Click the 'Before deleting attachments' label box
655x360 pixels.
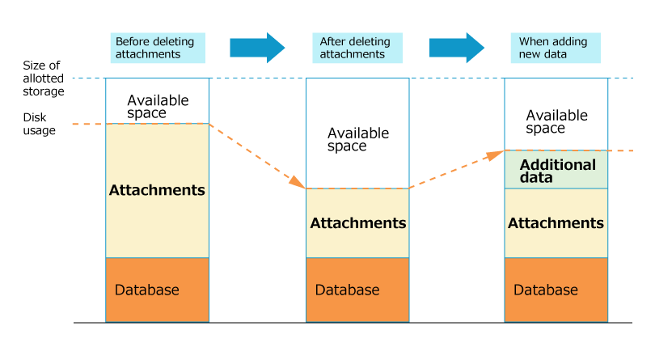click(158, 48)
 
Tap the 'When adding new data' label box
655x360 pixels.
click(560, 48)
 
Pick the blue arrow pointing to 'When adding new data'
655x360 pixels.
click(456, 48)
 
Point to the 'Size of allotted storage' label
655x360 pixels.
click(41, 78)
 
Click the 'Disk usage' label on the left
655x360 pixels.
click(39, 124)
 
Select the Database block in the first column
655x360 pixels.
click(157, 290)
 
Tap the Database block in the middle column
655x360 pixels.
click(357, 290)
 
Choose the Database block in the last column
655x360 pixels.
click(556, 290)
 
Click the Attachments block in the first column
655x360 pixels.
click(157, 191)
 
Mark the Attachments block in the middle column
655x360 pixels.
click(357, 223)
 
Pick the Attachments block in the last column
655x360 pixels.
click(556, 223)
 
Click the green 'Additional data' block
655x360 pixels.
click(556, 170)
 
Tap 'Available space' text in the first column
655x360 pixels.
click(158, 107)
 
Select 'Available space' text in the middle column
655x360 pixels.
click(358, 139)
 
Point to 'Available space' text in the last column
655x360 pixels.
click(556, 121)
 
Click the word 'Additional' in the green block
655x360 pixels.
click(558, 164)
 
